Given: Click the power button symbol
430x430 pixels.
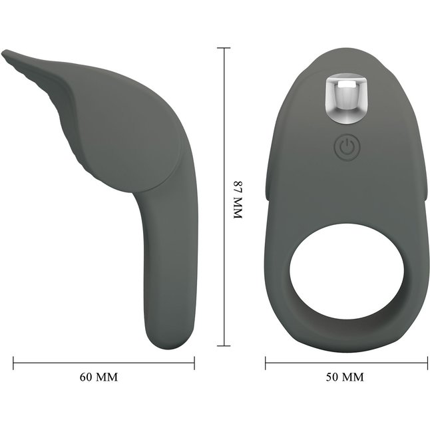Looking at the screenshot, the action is (x=347, y=148).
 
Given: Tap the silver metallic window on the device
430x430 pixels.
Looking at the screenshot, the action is (x=345, y=100).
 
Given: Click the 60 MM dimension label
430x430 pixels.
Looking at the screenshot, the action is (x=99, y=377).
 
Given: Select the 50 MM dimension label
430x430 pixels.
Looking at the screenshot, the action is (x=345, y=377).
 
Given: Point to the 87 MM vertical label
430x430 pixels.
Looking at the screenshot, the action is (x=238, y=200).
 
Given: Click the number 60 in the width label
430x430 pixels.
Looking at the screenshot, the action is (x=86, y=377).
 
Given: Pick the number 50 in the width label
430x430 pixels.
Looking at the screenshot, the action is (x=332, y=377).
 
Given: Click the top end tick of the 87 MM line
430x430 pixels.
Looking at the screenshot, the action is (x=224, y=48).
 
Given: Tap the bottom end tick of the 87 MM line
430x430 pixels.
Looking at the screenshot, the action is (x=224, y=346).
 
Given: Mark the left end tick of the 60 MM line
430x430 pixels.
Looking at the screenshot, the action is (x=13, y=363).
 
